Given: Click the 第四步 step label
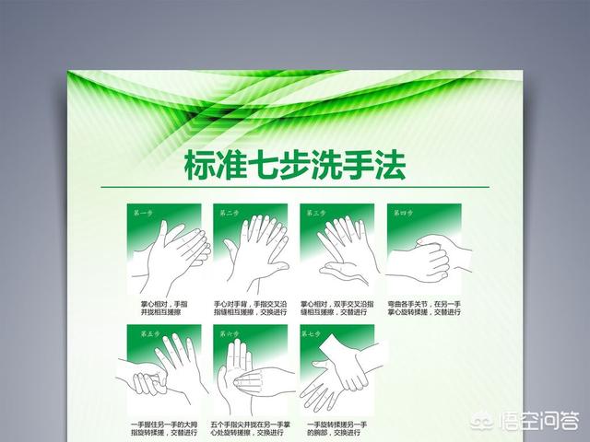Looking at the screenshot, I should point(402,213).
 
